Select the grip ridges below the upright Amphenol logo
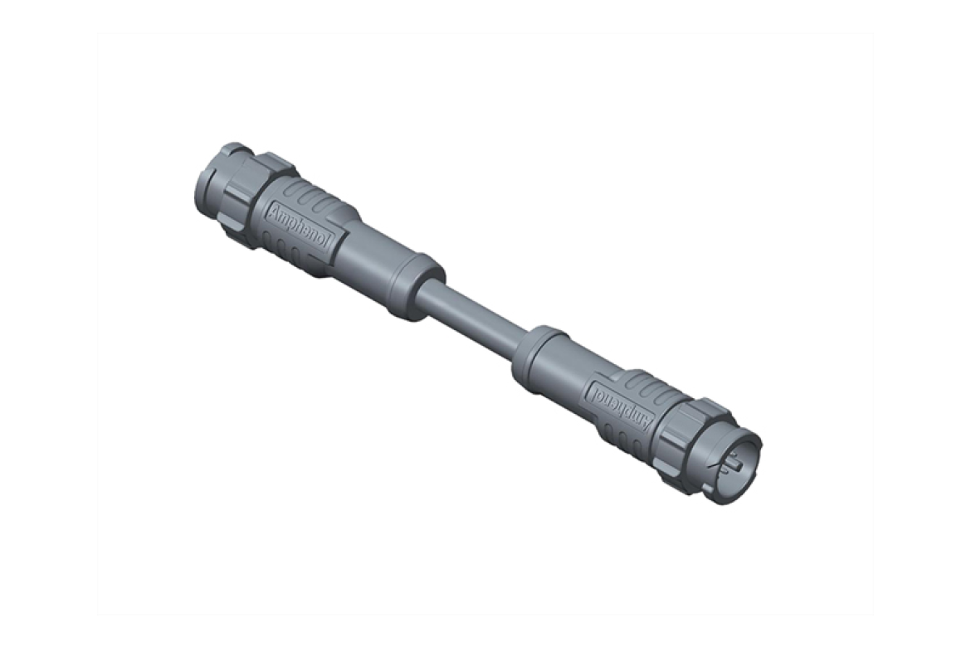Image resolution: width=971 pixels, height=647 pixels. point(286,249)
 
